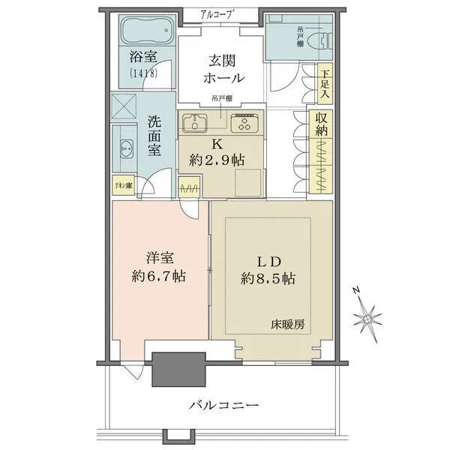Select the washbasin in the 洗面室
[x=124, y=147]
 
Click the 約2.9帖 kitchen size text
[x=216, y=160]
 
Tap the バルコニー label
[x=223, y=405]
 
